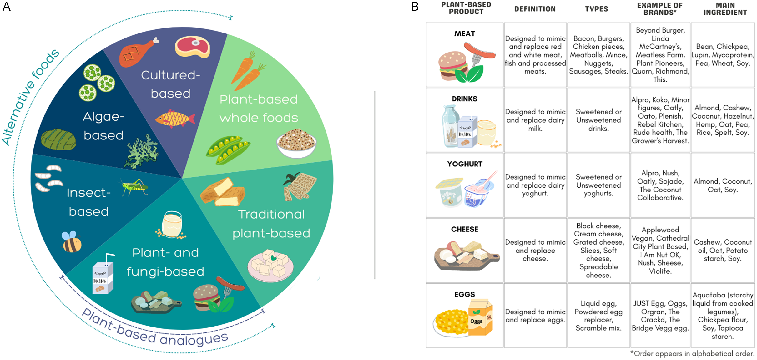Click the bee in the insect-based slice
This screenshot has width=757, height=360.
click(x=72, y=242)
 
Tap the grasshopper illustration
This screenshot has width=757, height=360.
click(x=134, y=186)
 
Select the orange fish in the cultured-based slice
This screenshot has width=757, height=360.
click(x=174, y=119)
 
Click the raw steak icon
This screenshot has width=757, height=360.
click(x=192, y=47)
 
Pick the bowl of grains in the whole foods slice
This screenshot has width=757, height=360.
click(x=296, y=143)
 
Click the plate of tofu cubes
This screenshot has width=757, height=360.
click(x=270, y=265)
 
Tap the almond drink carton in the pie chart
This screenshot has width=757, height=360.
click(x=103, y=277)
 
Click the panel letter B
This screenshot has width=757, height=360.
click(x=415, y=7)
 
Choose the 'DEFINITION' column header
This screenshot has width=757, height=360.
click(x=535, y=9)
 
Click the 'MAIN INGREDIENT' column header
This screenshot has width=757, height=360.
click(x=725, y=9)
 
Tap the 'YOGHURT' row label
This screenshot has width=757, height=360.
click(x=464, y=164)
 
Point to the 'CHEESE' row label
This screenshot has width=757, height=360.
click(x=464, y=229)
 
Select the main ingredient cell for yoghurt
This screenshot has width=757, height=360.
click(x=723, y=185)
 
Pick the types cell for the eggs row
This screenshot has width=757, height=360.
click(x=598, y=316)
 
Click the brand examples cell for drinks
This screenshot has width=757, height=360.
click(x=660, y=120)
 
